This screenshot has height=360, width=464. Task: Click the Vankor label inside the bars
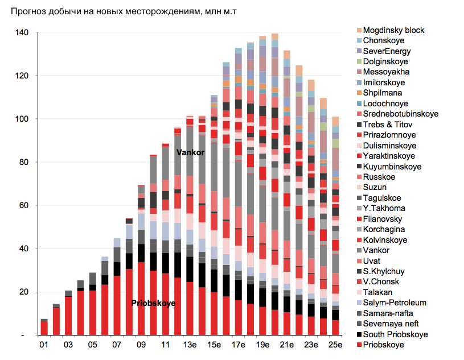point(190,152)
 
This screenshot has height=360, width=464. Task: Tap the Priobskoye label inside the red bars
point(153,303)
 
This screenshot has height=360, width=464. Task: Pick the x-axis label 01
point(43,345)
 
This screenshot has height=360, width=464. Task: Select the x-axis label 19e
point(262,345)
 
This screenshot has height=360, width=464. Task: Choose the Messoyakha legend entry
point(386,72)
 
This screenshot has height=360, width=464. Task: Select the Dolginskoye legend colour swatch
point(359,61)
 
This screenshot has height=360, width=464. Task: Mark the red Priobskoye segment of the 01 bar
point(44,328)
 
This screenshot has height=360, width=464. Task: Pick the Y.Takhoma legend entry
point(383,208)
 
